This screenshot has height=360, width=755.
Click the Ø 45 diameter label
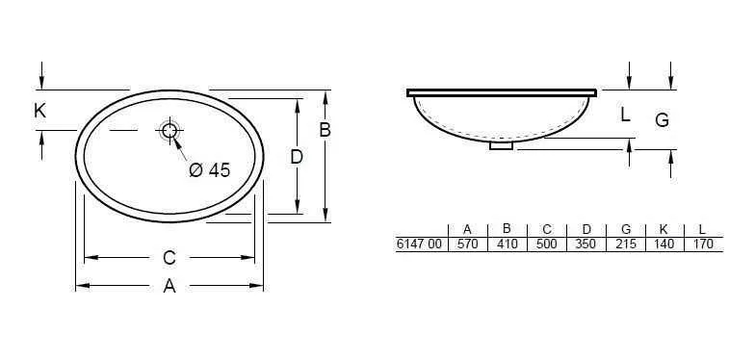[x=210, y=169]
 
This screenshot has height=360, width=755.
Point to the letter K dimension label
[x=39, y=112]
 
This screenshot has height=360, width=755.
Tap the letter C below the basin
[x=169, y=257]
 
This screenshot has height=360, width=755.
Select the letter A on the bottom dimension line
[x=169, y=286]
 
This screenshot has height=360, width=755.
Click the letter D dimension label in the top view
[x=297, y=156]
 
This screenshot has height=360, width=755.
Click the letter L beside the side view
[x=625, y=116]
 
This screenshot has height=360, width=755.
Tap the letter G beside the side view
[x=662, y=119]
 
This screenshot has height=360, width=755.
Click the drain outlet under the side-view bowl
[x=503, y=146]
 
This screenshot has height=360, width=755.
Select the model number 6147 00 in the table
[x=419, y=244]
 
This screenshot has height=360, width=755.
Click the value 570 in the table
[x=466, y=244]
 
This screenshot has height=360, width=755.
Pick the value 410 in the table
[x=507, y=244]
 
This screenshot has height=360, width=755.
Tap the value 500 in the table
[x=546, y=244]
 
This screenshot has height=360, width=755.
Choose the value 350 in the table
[x=586, y=244]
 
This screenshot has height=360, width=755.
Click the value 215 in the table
[x=625, y=244]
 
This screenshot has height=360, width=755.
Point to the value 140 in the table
[x=664, y=244]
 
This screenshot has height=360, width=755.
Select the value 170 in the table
[x=702, y=244]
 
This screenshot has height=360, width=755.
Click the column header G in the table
[x=626, y=229]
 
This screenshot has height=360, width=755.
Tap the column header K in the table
[x=664, y=229]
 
